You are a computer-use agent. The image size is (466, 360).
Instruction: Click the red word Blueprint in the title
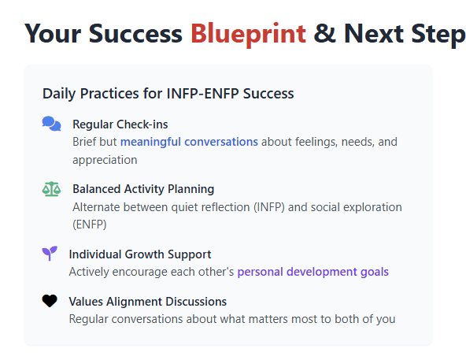248,34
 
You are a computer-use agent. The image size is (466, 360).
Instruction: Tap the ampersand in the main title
324,33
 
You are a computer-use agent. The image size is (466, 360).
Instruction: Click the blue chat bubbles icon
51,124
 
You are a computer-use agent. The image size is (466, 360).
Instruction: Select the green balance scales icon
51,189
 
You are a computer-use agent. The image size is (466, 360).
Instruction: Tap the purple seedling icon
50,254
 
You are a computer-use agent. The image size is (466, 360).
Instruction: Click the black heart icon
50,301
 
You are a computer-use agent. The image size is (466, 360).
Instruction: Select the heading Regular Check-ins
120,124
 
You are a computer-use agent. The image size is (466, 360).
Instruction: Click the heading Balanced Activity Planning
143,189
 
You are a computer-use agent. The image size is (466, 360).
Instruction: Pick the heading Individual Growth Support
140,254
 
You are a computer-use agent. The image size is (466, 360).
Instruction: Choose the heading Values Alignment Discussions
148,302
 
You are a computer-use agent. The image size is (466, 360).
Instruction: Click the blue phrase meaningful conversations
189,142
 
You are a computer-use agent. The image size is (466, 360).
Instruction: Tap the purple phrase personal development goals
313,272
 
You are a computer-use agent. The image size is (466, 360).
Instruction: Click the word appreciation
105,160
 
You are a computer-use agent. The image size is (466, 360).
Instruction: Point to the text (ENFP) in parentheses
90,225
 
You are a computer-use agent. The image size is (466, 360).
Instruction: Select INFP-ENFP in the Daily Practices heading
202,94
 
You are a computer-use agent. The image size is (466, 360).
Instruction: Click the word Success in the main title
135,34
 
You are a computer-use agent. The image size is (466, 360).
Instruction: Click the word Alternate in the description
96,207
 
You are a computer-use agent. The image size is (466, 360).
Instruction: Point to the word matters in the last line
268,319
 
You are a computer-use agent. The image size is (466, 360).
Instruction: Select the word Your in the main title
53,34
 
